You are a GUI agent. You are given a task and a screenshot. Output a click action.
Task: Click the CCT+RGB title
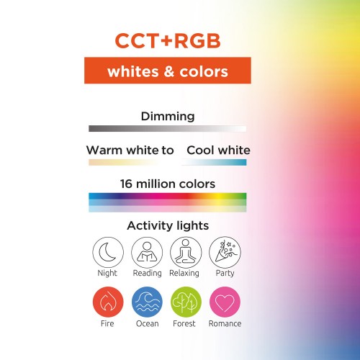pos(168,42)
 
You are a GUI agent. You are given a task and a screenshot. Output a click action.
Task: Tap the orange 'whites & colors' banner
pos(167,72)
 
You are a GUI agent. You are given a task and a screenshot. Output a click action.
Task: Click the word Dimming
pos(168,116)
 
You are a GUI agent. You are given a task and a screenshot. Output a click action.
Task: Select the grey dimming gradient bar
pos(167,128)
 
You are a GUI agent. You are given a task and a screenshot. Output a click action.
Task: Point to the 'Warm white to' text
pos(130,150)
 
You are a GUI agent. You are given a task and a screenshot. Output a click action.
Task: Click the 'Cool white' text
pos(218,150)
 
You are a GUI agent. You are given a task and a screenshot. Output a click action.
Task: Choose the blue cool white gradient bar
pos(216,163)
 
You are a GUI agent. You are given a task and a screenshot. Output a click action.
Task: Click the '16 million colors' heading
pos(168,184)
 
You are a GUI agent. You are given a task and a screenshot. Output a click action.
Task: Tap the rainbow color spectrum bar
pos(167,202)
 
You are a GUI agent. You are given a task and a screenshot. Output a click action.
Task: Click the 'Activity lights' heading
pos(168,226)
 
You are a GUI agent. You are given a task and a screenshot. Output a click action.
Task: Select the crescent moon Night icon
pos(107,252)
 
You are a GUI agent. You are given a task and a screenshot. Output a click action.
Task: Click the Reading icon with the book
pos(146,252)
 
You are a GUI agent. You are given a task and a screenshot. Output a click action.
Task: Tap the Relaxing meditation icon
pos(185,252)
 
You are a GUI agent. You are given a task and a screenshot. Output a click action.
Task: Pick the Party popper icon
pos(225,252)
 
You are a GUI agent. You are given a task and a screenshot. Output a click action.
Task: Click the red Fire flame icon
pos(107,302)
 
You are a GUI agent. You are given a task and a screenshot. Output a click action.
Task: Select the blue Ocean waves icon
pos(146,302)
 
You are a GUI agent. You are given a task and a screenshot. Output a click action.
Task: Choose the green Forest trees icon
pos(185,302)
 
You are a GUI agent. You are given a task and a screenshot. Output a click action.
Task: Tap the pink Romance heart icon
pos(225,302)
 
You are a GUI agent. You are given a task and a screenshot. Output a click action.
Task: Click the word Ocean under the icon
pos(146,324)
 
